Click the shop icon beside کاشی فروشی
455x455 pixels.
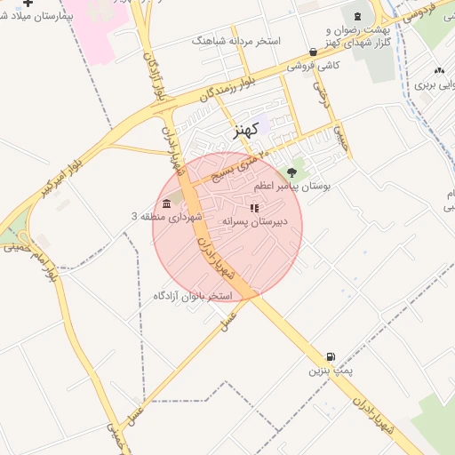(x=313, y=52)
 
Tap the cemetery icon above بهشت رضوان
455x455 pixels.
(x=358, y=16)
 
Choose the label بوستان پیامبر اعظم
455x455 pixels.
(x=292, y=187)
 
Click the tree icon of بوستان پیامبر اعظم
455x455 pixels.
(x=292, y=172)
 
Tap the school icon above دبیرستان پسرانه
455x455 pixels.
(x=255, y=208)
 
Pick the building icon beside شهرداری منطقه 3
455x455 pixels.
(x=168, y=204)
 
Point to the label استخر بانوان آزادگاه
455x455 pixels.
(x=193, y=295)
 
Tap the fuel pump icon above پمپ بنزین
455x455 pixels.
(x=331, y=356)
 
